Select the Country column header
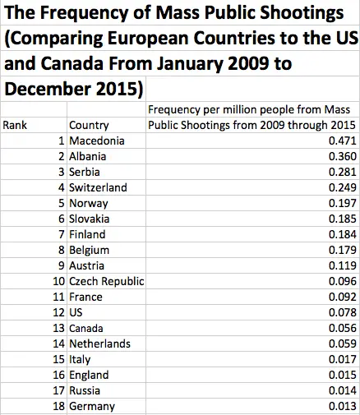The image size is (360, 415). [x=90, y=125]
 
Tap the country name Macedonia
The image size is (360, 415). [x=97, y=141]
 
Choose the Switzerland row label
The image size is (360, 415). [x=98, y=187]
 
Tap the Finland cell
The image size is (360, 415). [x=89, y=234]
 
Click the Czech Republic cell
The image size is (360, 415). [x=107, y=281]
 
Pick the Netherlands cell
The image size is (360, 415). [x=99, y=344]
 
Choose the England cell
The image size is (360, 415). [x=89, y=375]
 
